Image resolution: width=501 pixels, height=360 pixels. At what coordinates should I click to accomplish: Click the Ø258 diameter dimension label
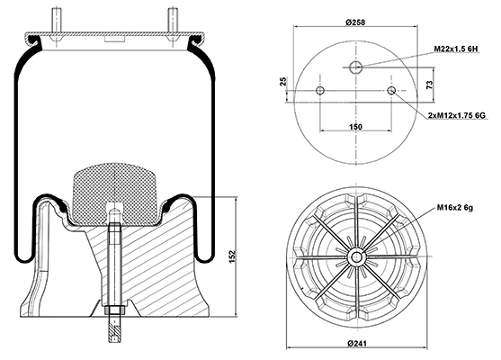point(355,22)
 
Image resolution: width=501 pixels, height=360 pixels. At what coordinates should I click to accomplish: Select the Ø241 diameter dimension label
point(357,344)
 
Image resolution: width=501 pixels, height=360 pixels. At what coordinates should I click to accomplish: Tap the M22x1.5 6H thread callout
point(456,49)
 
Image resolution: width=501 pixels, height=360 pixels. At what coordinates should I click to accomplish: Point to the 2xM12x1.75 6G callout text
point(457,115)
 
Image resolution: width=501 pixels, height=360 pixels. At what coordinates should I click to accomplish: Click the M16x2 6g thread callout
point(455,208)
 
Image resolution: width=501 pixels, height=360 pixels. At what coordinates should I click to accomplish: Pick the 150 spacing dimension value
point(355,127)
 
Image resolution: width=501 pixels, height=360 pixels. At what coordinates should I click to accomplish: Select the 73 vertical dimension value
point(430,85)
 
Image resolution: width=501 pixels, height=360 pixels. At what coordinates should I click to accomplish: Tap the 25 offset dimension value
point(283,82)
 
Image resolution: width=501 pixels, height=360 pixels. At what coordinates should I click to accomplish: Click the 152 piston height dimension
point(232,256)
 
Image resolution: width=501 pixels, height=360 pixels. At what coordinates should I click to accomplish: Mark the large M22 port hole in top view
point(355,67)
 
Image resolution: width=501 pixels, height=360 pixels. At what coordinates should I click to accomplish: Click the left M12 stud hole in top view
point(320,91)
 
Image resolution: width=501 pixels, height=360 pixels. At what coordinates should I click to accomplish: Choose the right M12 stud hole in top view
point(391,91)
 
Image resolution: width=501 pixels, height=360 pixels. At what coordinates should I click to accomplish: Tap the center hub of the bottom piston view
point(356,256)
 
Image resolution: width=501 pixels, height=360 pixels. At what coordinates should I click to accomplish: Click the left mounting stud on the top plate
point(56,19)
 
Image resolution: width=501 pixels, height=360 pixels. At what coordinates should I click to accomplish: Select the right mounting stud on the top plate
point(174,19)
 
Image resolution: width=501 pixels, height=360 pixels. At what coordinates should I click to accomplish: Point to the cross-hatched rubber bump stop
point(114,194)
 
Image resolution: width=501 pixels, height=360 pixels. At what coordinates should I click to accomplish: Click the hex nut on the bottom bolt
point(114,310)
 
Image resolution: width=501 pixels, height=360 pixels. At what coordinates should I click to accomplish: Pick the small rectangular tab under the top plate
point(114,39)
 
